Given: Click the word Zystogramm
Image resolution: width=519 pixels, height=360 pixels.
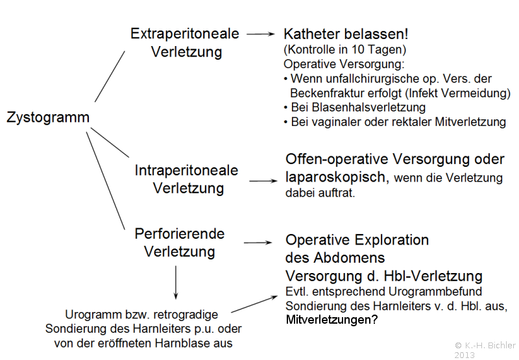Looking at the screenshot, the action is coord(48,118).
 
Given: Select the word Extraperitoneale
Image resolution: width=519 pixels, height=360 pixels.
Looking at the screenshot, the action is coord(185,34).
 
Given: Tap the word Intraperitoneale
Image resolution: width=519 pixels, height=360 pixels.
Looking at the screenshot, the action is coord(186,171).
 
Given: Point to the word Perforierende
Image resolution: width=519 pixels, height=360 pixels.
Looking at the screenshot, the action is coord(180,234).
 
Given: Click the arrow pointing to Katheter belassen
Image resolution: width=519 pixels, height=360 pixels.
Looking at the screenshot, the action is coord(261,34).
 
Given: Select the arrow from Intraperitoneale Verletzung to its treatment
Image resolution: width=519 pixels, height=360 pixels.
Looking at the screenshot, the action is coord(263,181).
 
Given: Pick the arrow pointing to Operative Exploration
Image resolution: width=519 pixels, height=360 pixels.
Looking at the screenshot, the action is coord(258,243).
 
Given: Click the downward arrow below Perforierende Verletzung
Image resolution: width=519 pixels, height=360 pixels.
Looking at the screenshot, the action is coord(176,283).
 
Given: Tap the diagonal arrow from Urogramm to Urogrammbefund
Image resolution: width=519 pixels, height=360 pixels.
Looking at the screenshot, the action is coord(254,304).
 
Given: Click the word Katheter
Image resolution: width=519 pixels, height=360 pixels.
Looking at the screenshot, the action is coord(312,34).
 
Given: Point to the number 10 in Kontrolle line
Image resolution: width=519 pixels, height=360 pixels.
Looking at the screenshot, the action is coord(358,49).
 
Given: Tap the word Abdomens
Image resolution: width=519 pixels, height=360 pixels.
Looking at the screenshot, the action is coord(349,258).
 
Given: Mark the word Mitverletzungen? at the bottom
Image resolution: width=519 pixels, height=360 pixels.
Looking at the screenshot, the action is coord(332,320).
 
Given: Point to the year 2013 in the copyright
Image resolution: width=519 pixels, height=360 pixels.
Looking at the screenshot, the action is coord(465,355).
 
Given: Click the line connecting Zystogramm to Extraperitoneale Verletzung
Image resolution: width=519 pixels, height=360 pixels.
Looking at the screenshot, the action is coord(110,77).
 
